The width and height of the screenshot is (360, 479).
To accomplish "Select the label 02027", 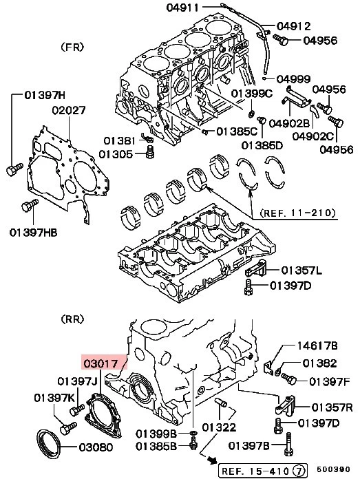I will pos(68,109).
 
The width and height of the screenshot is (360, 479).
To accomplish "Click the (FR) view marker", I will pos(72,47).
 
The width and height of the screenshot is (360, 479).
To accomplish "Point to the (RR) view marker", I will pos(72,319).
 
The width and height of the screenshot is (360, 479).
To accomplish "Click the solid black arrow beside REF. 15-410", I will pos(205,459).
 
